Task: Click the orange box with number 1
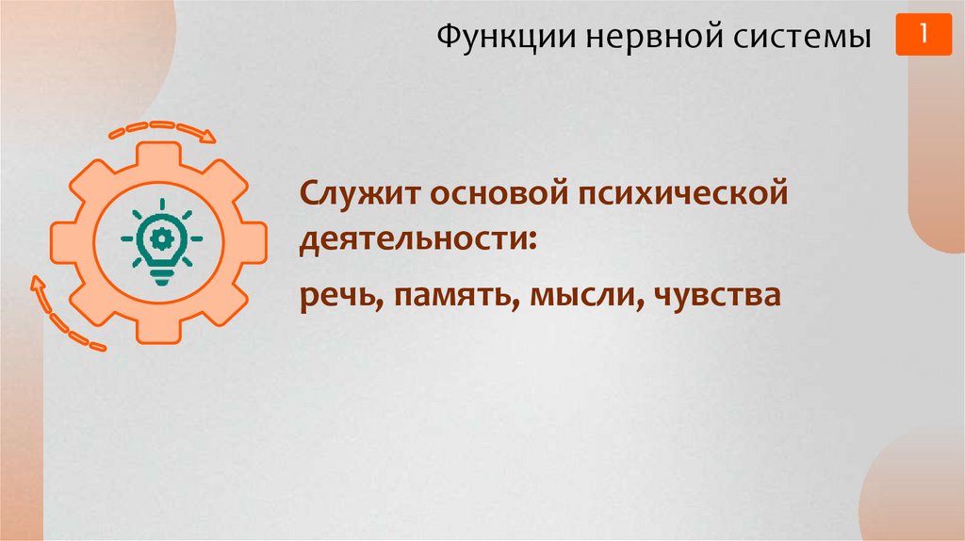924,35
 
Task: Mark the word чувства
714,297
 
